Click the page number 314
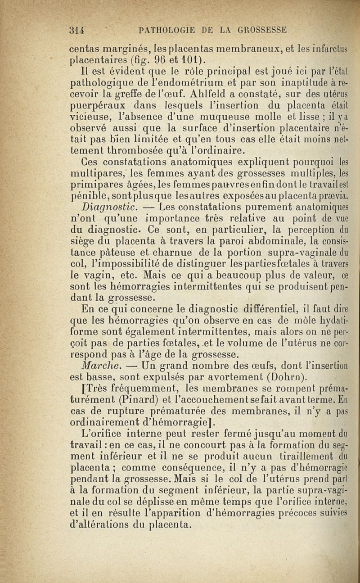coord(77,30)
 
